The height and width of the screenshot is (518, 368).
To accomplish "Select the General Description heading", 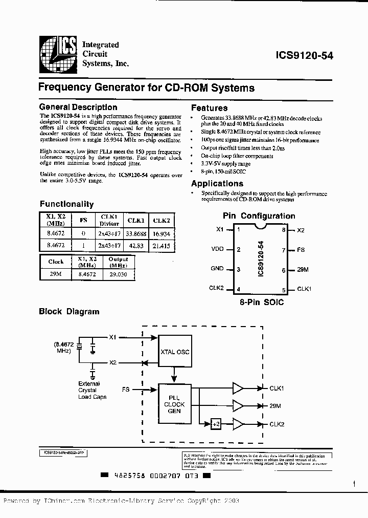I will pos(78,107).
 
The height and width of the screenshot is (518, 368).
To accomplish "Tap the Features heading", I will pos(209,108).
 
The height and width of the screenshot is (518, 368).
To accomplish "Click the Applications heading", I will pos(217,184).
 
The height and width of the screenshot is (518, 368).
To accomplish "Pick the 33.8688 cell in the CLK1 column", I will pos(136,234).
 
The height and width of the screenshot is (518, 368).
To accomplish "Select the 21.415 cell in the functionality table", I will pos(162,246).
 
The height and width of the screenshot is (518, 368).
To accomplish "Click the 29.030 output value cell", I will pos(119,274).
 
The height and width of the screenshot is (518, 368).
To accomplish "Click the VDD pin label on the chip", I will pos(217,250).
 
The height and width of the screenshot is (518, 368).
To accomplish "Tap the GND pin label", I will pos(217,269).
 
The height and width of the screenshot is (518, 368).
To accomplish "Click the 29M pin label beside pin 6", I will pos(303,270).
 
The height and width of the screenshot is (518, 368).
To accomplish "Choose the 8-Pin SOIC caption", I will pos(262,303).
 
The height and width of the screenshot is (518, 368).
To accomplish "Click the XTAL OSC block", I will pos(175,352).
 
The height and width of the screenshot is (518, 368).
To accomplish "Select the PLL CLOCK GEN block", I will pos(174,404).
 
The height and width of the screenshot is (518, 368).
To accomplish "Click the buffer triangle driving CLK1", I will pos(239,388).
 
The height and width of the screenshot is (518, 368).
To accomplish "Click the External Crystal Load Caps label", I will pos(93,390).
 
